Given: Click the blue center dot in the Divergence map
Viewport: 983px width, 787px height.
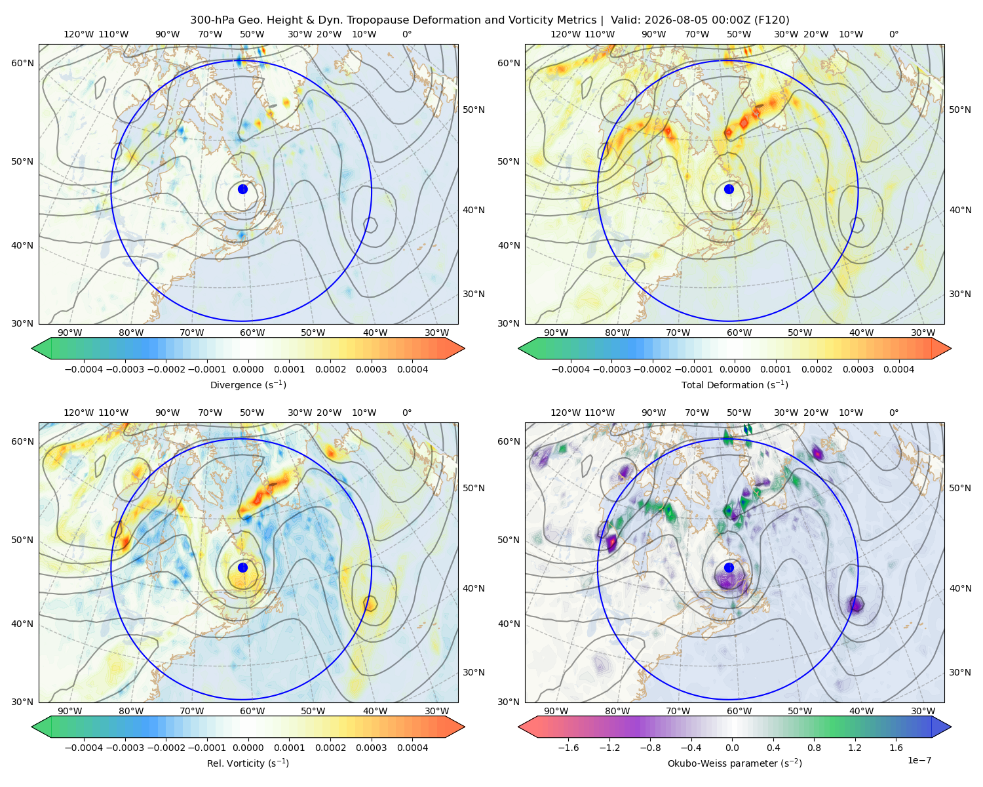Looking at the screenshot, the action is click(242, 189).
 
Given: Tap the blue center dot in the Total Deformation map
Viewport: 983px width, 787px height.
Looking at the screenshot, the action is click(729, 189).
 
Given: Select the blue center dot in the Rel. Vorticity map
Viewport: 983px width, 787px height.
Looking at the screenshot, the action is click(242, 567).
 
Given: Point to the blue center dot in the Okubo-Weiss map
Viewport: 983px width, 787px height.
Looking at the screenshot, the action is click(729, 567).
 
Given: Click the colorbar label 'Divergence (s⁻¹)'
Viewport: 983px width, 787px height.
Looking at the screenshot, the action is click(248, 384).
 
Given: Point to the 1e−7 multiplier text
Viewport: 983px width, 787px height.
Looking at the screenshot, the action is click(919, 760).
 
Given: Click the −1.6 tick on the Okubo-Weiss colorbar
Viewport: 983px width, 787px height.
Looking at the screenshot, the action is click(568, 747).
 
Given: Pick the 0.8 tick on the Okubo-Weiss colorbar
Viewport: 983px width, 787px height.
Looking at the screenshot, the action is click(814, 747).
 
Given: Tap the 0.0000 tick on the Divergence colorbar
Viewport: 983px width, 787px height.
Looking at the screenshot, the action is click(248, 369).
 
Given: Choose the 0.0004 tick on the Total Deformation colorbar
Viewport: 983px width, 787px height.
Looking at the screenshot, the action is click(898, 369).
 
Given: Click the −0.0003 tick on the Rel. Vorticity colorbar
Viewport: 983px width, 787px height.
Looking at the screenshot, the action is click(125, 747).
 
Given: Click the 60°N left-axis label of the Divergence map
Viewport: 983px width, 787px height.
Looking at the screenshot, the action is click(22, 63).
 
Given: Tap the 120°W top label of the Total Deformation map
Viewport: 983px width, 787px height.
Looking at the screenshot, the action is click(566, 34).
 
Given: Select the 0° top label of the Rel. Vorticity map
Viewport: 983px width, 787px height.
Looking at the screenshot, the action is click(406, 412).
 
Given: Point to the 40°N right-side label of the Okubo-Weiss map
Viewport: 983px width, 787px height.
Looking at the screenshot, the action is click(959, 588).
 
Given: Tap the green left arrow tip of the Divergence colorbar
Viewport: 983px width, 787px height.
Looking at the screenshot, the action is click(32, 348).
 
